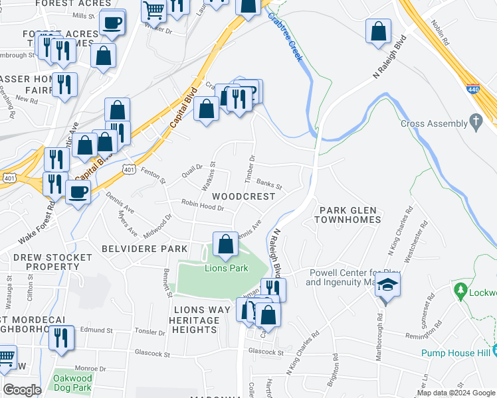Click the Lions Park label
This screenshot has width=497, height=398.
tap(226, 268)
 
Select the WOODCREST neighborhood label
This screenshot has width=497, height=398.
tap(243, 196)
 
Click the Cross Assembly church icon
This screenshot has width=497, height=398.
tap(475, 123)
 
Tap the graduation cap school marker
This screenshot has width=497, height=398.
tap(385, 286)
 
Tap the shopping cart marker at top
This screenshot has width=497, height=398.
tap(154, 10)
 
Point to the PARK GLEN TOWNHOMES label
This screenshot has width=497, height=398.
tap(350, 214)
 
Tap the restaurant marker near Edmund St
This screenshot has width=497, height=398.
tap(62, 337)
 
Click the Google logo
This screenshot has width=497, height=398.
tap(22, 390)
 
